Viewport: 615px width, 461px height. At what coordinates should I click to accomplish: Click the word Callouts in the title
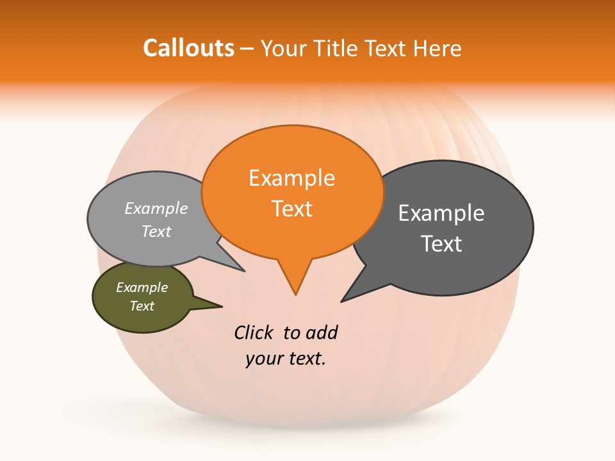(188, 49)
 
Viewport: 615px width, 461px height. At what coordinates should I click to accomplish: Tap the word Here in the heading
(438, 49)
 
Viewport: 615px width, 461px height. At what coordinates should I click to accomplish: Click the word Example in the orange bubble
(291, 178)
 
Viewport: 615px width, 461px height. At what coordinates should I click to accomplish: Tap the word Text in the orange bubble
(291, 209)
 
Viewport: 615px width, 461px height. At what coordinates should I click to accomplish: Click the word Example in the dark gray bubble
(441, 213)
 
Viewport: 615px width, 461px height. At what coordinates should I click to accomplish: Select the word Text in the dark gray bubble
(441, 244)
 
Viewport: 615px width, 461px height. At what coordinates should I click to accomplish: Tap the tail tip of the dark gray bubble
(342, 301)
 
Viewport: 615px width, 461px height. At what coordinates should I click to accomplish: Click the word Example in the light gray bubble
(156, 208)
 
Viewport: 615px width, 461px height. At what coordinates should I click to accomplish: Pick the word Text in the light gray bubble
(156, 231)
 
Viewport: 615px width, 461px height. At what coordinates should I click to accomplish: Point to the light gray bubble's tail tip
(244, 271)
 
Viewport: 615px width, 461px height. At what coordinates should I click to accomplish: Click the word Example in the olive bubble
(142, 287)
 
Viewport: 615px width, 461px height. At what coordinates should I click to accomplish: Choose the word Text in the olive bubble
(142, 306)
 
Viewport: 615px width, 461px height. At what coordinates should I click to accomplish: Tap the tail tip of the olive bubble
(222, 306)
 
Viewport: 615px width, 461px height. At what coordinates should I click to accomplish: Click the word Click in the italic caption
(254, 332)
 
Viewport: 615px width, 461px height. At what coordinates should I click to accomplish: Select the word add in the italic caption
(322, 332)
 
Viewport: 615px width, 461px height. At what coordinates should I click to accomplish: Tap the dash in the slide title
(247, 49)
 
